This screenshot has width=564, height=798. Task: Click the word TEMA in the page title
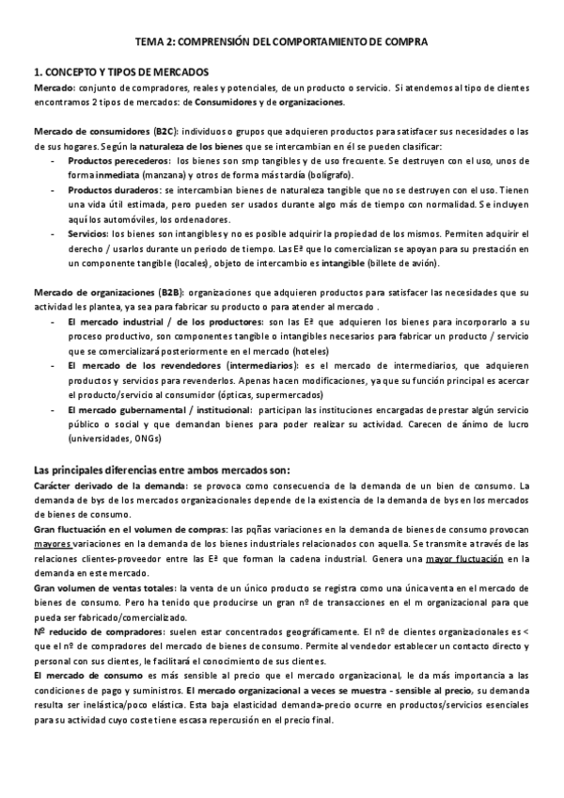click(x=151, y=42)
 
